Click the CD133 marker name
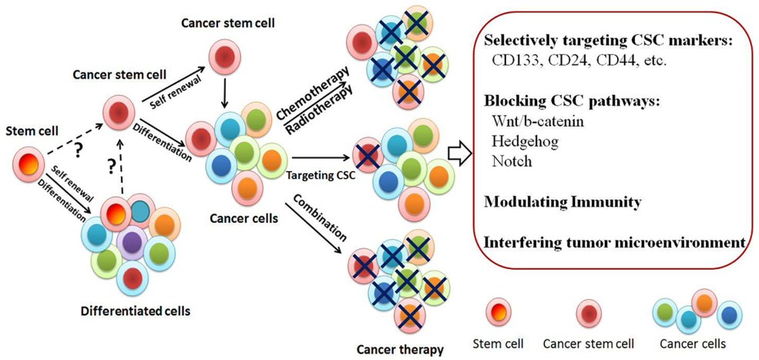point(515,59)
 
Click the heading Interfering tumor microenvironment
point(615,241)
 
